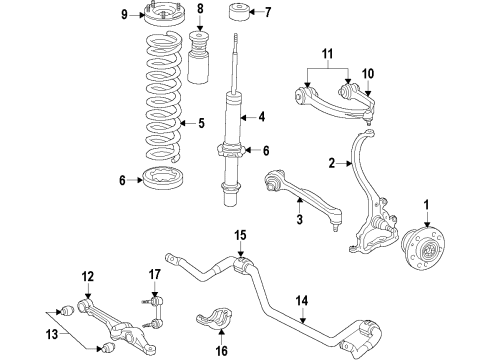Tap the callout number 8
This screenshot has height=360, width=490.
click(200, 12)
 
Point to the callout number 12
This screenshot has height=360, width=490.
click(87, 276)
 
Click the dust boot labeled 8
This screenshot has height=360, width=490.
click(200, 59)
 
